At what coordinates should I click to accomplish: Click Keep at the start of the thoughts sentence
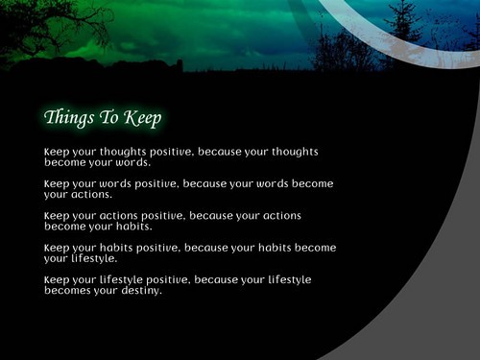coord(57,152)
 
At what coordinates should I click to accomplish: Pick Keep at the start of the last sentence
coord(57,279)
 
